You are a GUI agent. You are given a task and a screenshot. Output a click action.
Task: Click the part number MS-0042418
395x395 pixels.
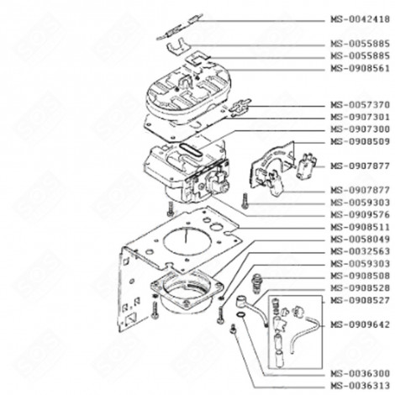[x=359, y=17]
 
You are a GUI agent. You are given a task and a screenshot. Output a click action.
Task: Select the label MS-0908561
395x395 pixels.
[x=359, y=68]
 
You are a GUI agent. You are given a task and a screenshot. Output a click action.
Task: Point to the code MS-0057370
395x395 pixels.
[x=359, y=105]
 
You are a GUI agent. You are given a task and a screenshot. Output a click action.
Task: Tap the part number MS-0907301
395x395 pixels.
[x=359, y=117]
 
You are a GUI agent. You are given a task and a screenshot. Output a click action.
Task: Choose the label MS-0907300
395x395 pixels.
[x=359, y=129]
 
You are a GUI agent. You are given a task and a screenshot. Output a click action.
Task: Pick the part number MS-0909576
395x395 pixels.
[x=359, y=213]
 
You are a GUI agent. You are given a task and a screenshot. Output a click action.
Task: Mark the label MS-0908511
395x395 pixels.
[x=359, y=226]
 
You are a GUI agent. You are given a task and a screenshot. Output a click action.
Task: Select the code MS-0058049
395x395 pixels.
[x=359, y=238]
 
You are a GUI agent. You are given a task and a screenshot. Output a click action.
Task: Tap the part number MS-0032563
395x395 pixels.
[x=359, y=250]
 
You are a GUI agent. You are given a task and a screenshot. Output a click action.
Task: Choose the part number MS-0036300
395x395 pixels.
[x=359, y=372]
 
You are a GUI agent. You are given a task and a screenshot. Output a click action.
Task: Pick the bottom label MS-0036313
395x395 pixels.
[x=359, y=385]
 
